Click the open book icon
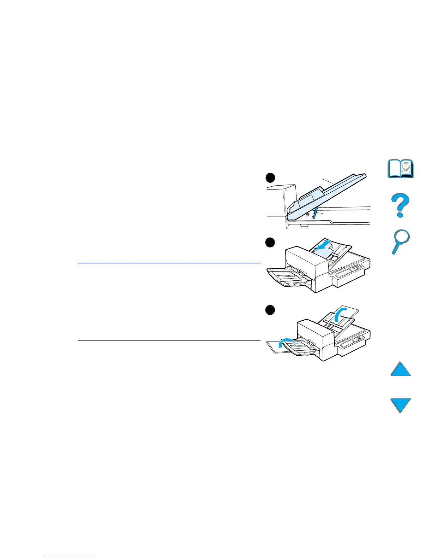pyautogui.click(x=401, y=169)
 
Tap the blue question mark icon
pyautogui.click(x=401, y=205)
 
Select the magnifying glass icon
pyautogui.click(x=401, y=241)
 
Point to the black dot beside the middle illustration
pyautogui.click(x=270, y=243)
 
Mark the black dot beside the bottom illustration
pyautogui.click(x=270, y=310)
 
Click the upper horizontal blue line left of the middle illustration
pyautogui.click(x=169, y=263)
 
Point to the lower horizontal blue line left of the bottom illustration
pyautogui.click(x=169, y=341)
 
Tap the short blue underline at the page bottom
pyautogui.click(x=70, y=557)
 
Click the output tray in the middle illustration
pyautogui.click(x=286, y=278)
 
